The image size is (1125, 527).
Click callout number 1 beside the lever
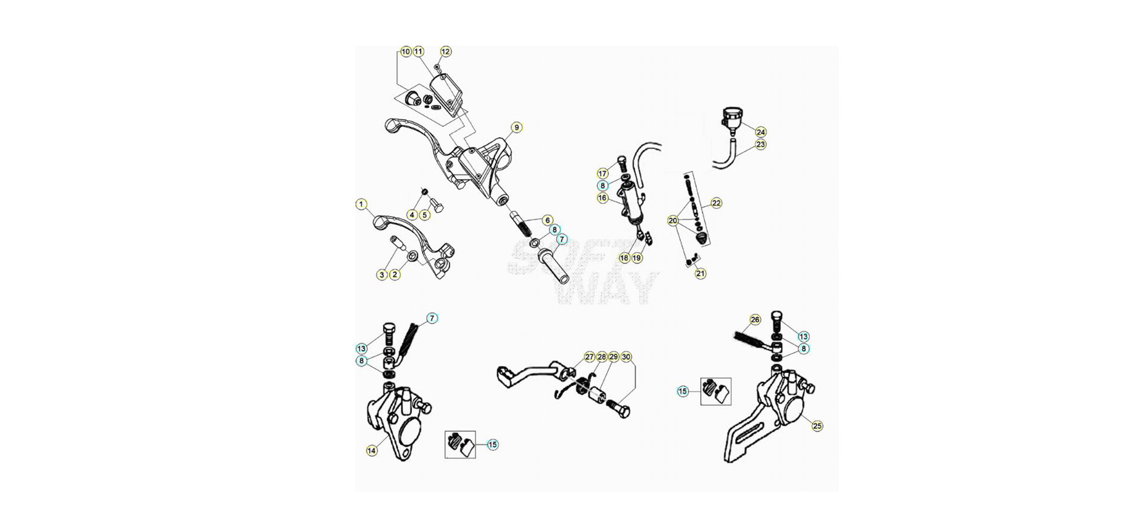point(362,204)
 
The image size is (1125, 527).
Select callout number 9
point(516,127)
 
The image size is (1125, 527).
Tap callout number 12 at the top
point(446,52)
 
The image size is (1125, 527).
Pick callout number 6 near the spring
point(547,220)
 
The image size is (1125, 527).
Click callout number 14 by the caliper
point(371,450)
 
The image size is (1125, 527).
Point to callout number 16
point(602,198)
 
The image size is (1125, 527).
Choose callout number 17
point(602,173)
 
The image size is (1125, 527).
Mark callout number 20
point(673,221)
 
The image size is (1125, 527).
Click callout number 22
point(716,203)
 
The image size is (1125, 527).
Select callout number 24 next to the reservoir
point(761,132)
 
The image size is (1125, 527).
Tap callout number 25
point(817,426)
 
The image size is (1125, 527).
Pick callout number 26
point(755,320)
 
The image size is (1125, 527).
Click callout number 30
point(626,357)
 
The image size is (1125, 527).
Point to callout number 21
point(701,273)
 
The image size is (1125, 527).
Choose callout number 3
point(382,275)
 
